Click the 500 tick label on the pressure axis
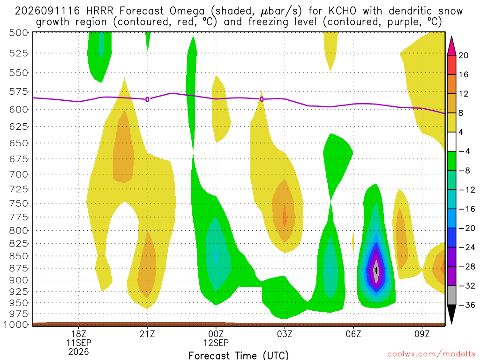coord(19,33)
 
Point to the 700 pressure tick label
coord(19,174)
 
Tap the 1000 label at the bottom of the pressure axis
coord(16,324)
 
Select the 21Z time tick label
coord(147,334)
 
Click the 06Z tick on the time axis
coord(353,334)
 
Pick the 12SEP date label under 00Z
coord(216,343)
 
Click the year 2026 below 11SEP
coord(79,352)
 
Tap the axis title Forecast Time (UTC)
coord(239,355)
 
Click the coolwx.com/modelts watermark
coord(431,354)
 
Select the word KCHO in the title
coord(342,11)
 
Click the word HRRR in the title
coord(99,11)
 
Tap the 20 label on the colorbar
coord(463,55)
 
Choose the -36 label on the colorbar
coord(467,305)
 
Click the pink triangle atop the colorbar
coord(451,46)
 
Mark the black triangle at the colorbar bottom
coord(451,314)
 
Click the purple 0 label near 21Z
coord(147,99)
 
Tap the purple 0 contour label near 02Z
coord(262,99)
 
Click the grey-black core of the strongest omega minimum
coord(376,270)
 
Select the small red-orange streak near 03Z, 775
coord(285,215)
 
